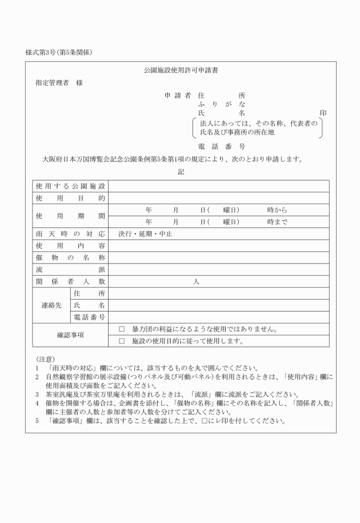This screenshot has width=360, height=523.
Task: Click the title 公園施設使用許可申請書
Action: (x=181, y=71)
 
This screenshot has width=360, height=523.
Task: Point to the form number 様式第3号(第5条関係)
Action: (x=59, y=52)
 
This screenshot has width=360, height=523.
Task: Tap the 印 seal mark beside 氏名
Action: (x=324, y=113)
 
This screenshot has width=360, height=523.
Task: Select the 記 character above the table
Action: (x=181, y=171)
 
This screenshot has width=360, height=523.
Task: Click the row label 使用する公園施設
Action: (x=70, y=186)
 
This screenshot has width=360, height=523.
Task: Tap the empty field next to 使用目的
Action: (x=218, y=198)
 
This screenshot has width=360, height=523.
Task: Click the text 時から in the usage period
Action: (x=277, y=210)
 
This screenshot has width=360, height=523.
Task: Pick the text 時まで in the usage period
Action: (x=277, y=222)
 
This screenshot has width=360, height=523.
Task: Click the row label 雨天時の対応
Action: (x=70, y=234)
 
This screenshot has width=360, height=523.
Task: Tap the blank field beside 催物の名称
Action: (x=218, y=258)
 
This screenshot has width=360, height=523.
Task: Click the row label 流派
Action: (x=70, y=269)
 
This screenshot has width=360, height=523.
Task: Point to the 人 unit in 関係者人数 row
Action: (x=196, y=281)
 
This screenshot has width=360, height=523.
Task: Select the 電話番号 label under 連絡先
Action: (x=89, y=317)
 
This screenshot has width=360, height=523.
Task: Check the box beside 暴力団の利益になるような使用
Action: (x=121, y=330)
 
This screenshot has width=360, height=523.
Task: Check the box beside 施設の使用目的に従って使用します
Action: (x=121, y=341)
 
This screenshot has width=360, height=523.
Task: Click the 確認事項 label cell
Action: (x=70, y=336)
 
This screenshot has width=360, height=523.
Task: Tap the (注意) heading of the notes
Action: (x=45, y=358)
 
